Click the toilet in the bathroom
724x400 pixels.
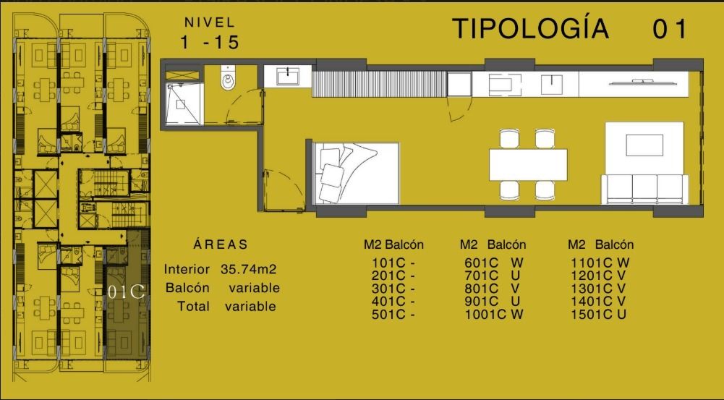(228, 77)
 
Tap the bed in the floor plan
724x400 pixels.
(356, 173)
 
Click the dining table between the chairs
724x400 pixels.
(528, 164)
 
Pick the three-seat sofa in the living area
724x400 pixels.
(644, 189)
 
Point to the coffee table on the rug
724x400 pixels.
(644, 145)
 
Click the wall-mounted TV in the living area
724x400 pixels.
(644, 82)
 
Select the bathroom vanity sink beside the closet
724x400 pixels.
(288, 76)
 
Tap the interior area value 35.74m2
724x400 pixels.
(248, 269)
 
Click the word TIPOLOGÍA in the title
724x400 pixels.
(531, 28)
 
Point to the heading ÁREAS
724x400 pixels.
(221, 244)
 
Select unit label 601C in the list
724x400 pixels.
(482, 263)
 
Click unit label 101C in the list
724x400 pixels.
(388, 263)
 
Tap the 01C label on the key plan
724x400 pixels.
(126, 292)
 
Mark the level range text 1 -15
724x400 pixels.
(210, 43)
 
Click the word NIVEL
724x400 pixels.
(210, 22)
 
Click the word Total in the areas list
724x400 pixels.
(193, 306)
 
